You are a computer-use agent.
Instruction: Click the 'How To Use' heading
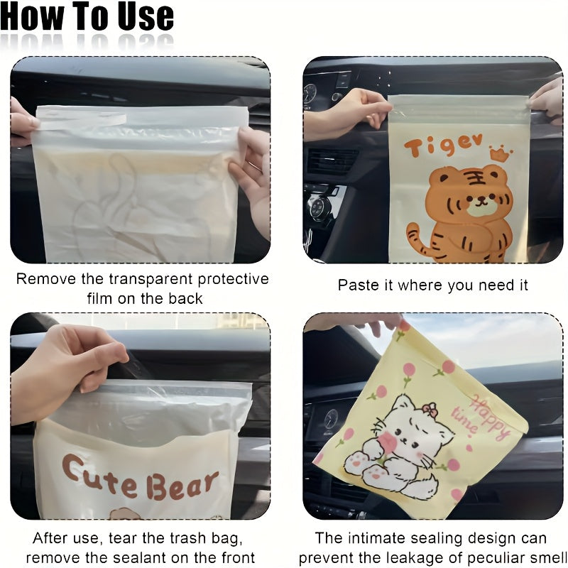click(87, 18)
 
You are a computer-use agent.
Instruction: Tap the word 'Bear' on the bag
click(182, 486)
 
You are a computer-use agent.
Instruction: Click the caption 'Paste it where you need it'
click(432, 285)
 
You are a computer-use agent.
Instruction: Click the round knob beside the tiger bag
click(318, 208)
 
